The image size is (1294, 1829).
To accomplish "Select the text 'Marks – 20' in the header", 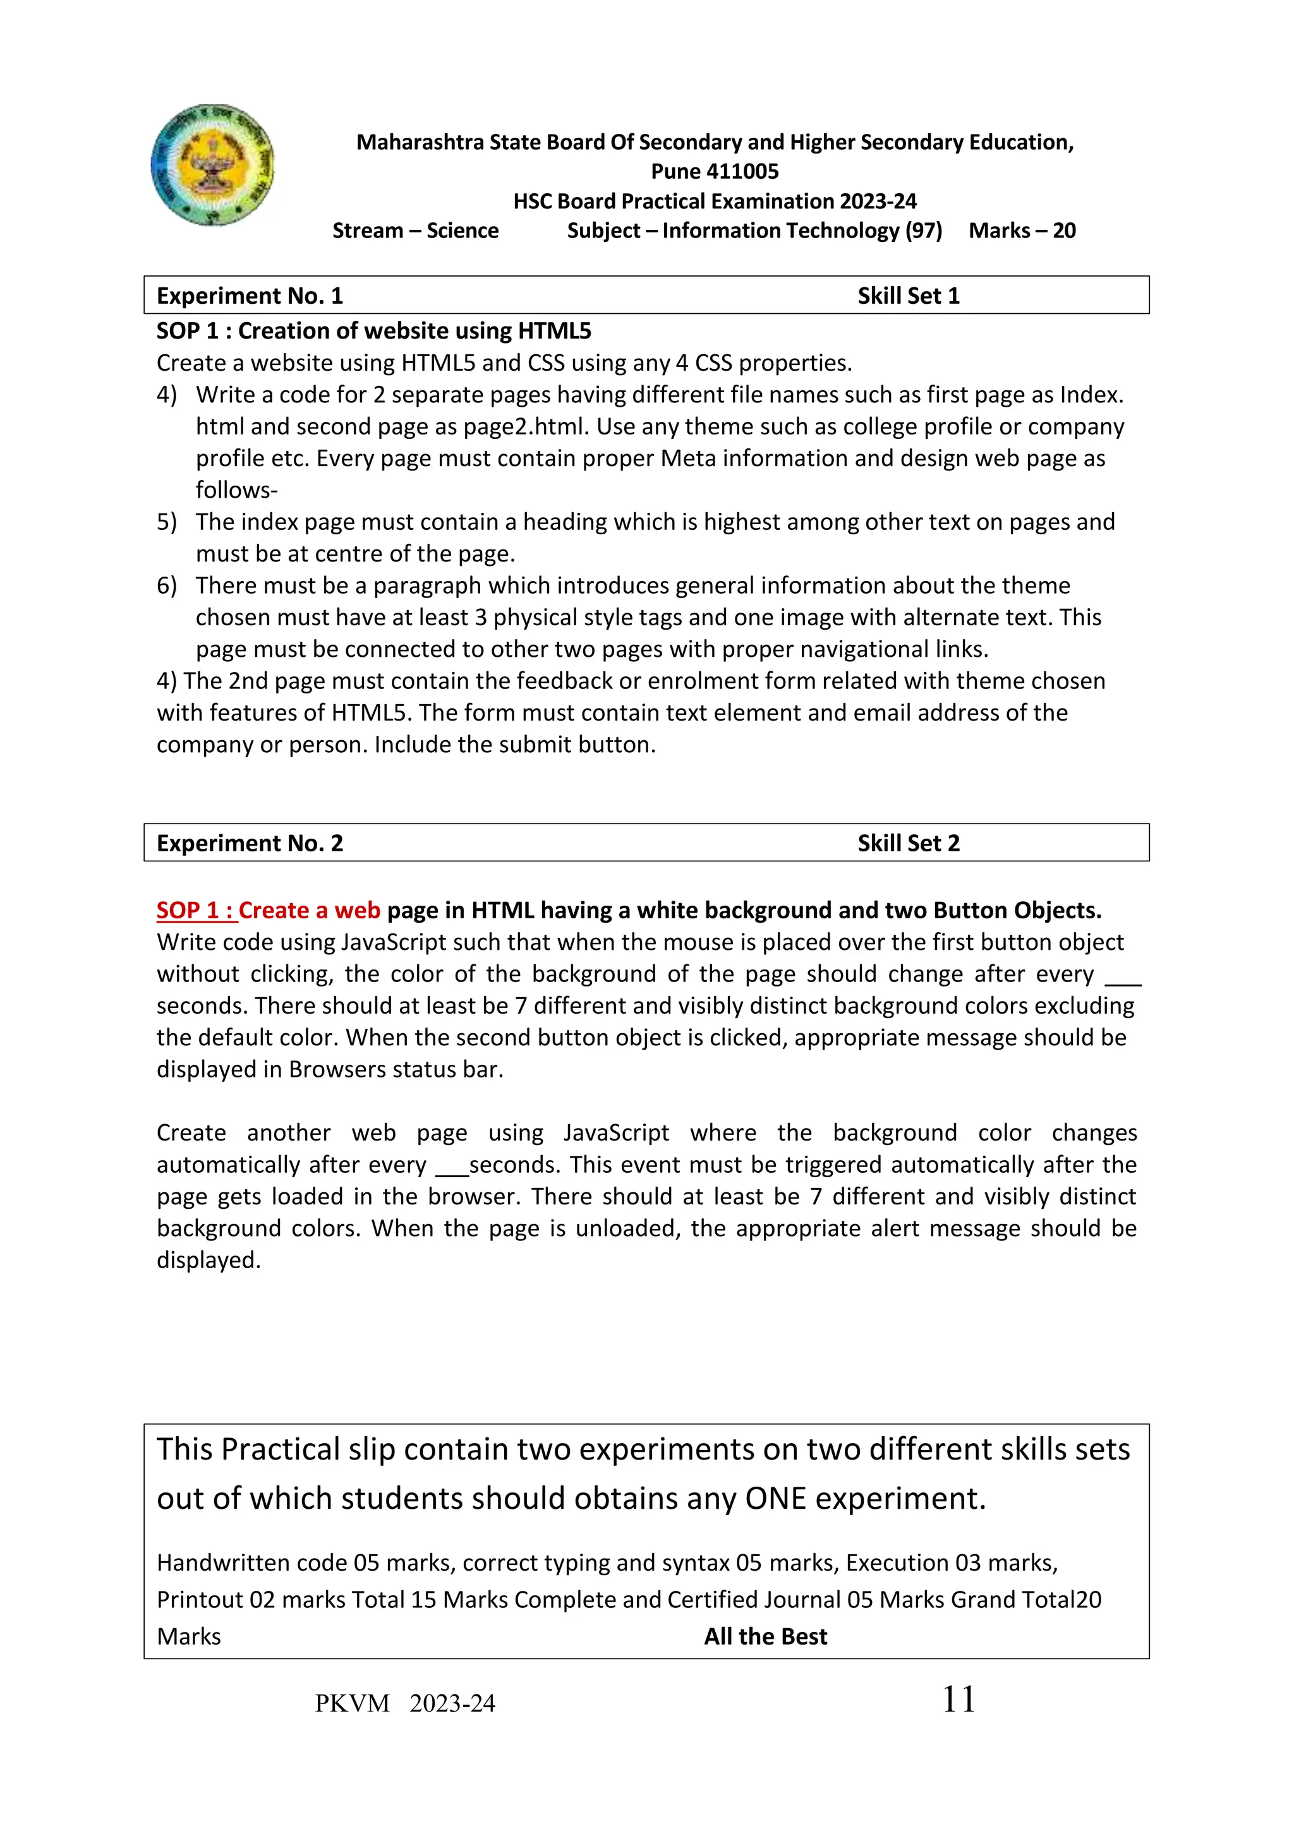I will (x=1022, y=231).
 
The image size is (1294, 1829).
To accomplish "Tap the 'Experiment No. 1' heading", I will (x=250, y=296).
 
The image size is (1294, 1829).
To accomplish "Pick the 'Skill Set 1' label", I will (x=909, y=296).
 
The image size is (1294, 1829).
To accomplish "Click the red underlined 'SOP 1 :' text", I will (x=196, y=911).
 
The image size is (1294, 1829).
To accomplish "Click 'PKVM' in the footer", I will (x=352, y=1704).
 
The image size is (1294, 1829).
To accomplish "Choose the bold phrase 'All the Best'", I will (x=766, y=1636).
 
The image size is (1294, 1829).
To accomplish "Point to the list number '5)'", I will (x=167, y=522).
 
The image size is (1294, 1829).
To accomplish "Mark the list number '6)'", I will (x=167, y=586).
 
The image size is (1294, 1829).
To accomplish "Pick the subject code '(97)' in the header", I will (x=924, y=231).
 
